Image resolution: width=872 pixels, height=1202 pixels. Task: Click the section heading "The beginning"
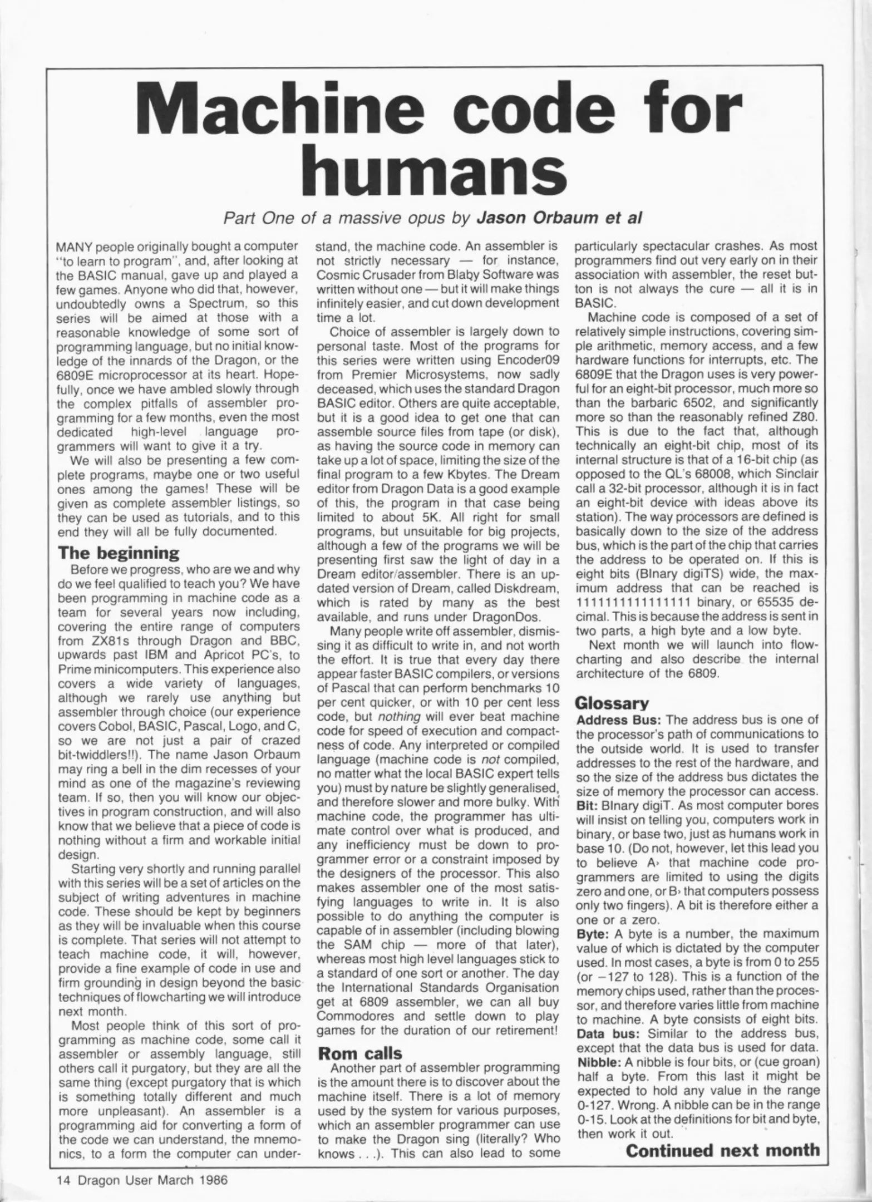[x=119, y=553]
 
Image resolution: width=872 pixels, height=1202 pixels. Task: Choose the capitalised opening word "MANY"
[x=75, y=246]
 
